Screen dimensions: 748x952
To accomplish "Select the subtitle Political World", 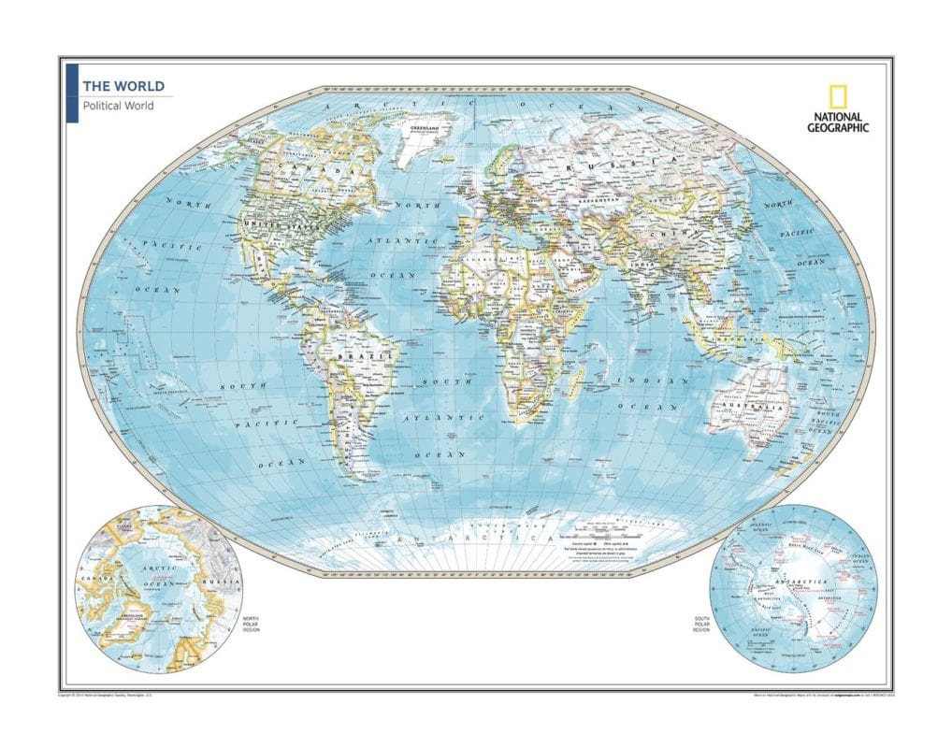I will click(118, 106).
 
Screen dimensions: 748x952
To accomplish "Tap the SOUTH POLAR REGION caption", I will click(702, 625).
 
